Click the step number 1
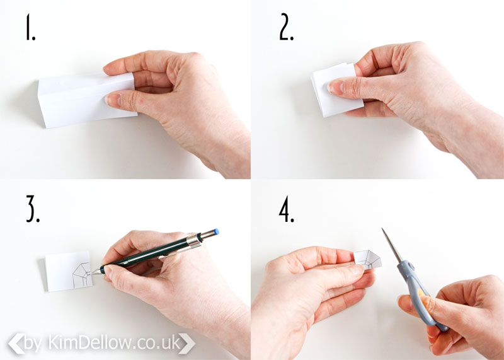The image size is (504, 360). [30, 27]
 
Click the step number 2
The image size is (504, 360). [287, 27]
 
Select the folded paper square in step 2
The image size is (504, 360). [336, 90]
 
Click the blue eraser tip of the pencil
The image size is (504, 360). [217, 231]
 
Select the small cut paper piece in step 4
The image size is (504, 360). [368, 259]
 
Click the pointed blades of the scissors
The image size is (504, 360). [392, 245]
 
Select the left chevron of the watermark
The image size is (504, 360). [16, 344]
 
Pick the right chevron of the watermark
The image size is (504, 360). [186, 344]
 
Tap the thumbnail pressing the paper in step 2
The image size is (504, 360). [335, 87]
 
